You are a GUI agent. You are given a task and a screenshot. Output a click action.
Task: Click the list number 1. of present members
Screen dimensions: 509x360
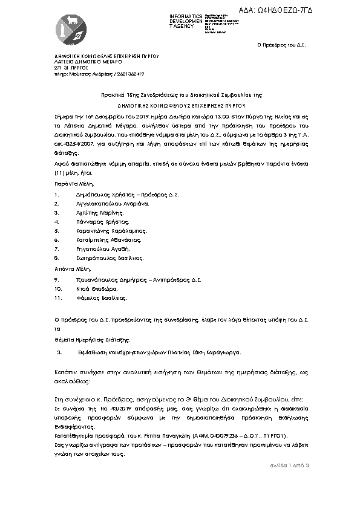[x=56, y=195]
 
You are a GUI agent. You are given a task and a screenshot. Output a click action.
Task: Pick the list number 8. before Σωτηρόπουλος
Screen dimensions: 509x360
[x=56, y=258]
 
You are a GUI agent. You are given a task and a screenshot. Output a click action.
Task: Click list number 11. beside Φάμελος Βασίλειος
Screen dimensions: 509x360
[x=57, y=298]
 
